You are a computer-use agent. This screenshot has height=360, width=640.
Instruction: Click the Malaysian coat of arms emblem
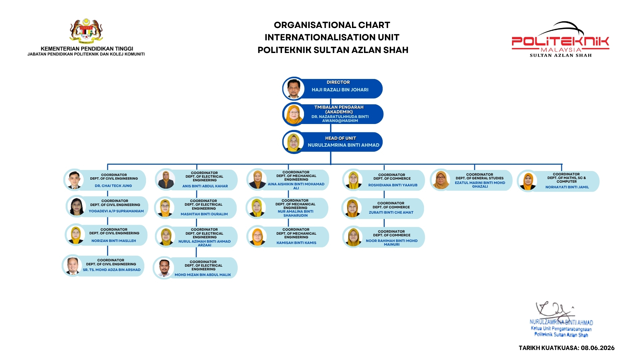[86, 31]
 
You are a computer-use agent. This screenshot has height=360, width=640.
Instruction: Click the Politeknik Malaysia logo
[561, 40]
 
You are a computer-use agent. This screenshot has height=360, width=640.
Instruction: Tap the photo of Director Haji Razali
[294, 89]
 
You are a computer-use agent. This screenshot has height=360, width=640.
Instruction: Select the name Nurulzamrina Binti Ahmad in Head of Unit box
[343, 145]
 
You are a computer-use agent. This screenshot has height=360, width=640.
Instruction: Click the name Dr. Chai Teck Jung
[113, 186]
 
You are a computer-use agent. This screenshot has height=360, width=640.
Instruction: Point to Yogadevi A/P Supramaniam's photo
[77, 207]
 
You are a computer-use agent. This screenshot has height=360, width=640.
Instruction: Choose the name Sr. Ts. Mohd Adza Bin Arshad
[112, 270]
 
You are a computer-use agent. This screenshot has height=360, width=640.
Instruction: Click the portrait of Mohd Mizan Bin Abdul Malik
[164, 268]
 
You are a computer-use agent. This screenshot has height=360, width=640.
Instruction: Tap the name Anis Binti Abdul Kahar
[205, 186]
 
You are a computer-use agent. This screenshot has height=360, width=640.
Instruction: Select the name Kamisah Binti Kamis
[296, 243]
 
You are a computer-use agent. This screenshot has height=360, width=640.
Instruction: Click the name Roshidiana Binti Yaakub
[393, 185]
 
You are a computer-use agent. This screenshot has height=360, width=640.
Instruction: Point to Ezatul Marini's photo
[441, 180]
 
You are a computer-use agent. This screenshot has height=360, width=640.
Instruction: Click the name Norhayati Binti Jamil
[567, 187]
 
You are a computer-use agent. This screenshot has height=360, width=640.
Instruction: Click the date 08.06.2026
[598, 348]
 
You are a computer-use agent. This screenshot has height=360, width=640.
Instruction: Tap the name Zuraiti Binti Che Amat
[391, 212]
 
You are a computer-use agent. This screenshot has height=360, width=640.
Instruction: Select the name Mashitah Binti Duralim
[204, 214]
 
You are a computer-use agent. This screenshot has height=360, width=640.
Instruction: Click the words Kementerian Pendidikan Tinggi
[87, 49]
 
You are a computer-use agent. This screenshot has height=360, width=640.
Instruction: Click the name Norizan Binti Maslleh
[114, 241]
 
